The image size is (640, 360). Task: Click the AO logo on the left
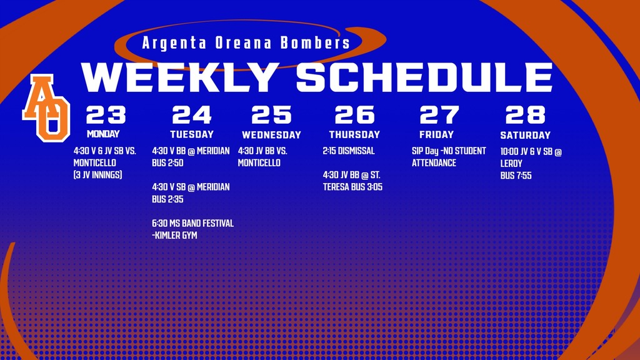(46, 107)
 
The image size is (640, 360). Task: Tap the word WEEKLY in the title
(180, 77)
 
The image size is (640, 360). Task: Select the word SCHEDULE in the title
(424, 77)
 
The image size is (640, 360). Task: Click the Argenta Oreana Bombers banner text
(246, 44)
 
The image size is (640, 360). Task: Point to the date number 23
(106, 115)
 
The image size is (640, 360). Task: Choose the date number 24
(192, 115)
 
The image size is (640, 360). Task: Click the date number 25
(271, 115)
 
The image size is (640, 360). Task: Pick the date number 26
(354, 115)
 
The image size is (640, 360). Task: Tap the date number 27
(439, 115)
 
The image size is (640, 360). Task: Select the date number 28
(525, 115)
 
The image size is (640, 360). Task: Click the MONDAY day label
(103, 134)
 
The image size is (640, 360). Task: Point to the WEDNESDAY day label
(271, 135)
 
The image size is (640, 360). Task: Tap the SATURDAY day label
(525, 135)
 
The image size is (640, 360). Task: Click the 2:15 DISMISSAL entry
(349, 151)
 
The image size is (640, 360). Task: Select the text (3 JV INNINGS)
(97, 175)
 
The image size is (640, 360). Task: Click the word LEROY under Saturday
(511, 164)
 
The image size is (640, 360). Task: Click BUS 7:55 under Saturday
(516, 176)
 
